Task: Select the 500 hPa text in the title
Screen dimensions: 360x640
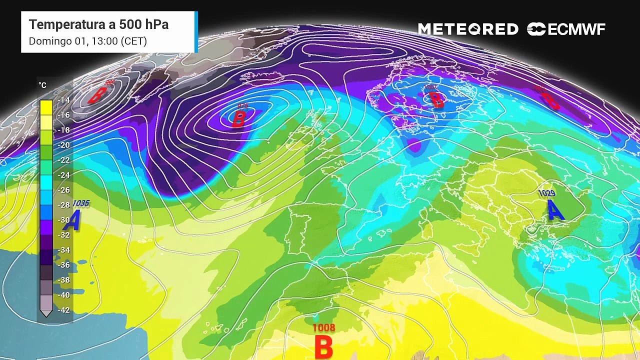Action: point(144,24)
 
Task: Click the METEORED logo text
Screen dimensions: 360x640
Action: point(468,29)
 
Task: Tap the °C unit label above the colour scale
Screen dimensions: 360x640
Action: point(42,85)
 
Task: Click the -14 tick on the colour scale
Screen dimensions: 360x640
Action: point(63,100)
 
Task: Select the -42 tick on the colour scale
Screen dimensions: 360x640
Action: point(63,310)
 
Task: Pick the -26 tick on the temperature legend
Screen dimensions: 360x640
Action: point(63,190)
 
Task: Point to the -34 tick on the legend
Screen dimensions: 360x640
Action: point(63,250)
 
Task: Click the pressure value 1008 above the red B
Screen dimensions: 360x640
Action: point(323,328)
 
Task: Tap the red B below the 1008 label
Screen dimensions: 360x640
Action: point(323,346)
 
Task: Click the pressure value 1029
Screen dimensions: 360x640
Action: point(546,193)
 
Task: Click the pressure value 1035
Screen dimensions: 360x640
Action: point(81,203)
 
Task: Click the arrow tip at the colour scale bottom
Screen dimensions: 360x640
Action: point(46,314)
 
